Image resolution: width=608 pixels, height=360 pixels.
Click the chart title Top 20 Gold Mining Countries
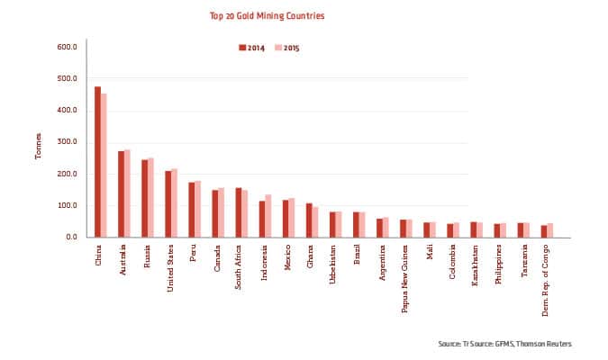(267, 16)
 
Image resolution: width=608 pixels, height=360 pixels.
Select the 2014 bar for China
(97, 162)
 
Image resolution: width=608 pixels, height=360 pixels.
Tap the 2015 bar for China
(104, 166)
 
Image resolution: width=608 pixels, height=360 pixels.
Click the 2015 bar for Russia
(150, 198)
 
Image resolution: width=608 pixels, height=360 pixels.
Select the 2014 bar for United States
(168, 204)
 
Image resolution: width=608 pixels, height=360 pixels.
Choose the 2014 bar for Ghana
(308, 220)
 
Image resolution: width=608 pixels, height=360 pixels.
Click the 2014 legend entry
(253, 47)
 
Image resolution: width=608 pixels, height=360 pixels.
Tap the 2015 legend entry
(287, 47)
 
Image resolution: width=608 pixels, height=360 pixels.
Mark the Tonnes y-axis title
(38, 146)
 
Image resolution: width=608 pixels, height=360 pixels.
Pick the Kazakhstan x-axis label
(474, 265)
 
